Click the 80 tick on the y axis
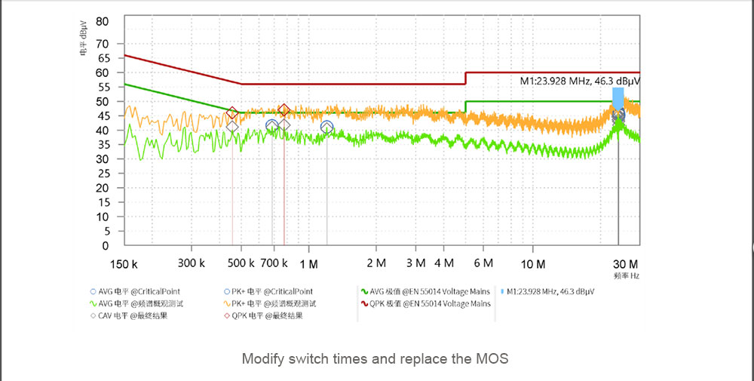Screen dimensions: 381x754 (103, 20)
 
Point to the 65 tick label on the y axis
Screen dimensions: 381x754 (103, 57)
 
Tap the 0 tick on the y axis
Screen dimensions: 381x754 (106, 246)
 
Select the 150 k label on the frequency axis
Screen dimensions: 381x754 (123, 264)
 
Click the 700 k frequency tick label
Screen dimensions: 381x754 (274, 264)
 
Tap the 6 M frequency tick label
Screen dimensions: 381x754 (483, 264)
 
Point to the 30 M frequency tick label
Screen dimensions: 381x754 (625, 264)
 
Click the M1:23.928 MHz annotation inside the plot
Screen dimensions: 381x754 (580, 81)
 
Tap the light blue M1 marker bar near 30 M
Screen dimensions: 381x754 (618, 99)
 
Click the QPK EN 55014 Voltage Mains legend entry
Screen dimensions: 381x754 (425, 303)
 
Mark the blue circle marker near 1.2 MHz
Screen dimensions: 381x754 (326, 127)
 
